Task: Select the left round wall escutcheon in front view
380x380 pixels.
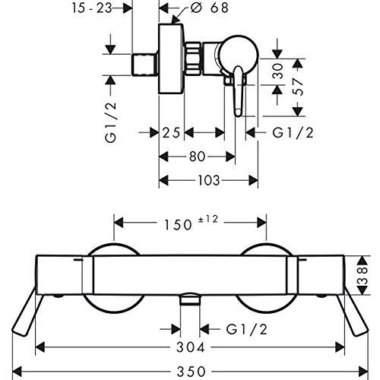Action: click(112, 285)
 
